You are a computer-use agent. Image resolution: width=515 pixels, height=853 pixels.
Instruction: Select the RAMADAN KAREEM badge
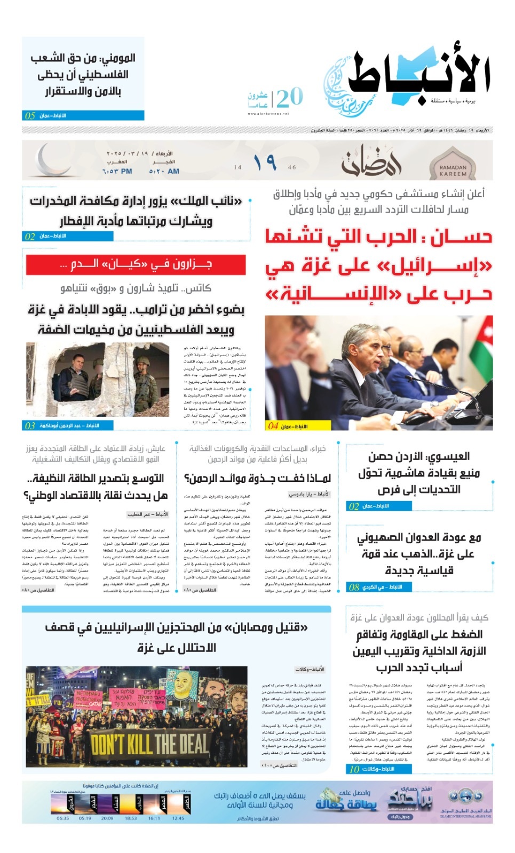pos(453,167)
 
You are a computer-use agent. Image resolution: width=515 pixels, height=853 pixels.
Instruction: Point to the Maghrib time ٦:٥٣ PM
pos(117,171)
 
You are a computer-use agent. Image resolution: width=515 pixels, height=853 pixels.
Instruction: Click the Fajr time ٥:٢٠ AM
pos(164,171)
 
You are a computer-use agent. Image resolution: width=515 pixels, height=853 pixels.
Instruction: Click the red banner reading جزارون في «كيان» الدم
pos(136,264)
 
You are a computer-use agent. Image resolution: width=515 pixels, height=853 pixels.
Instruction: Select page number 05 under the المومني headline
pos(30,116)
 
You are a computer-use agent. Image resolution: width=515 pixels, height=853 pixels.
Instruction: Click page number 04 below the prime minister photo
pos(273,425)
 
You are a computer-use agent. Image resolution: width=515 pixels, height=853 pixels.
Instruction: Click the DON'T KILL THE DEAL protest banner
pos(149,743)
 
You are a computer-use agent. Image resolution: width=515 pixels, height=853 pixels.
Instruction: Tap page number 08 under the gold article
pos(354,587)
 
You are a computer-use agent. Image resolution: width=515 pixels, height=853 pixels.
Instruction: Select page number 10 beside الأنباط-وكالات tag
pos(355,769)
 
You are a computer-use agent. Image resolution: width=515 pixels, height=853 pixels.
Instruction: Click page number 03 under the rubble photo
pos(30,425)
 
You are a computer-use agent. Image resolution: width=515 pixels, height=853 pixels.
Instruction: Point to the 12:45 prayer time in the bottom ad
pos(178,818)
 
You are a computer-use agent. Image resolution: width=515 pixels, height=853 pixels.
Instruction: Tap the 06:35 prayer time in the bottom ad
pos(63,818)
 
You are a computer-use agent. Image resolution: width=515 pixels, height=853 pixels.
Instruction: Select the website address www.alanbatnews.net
pos(268,114)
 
